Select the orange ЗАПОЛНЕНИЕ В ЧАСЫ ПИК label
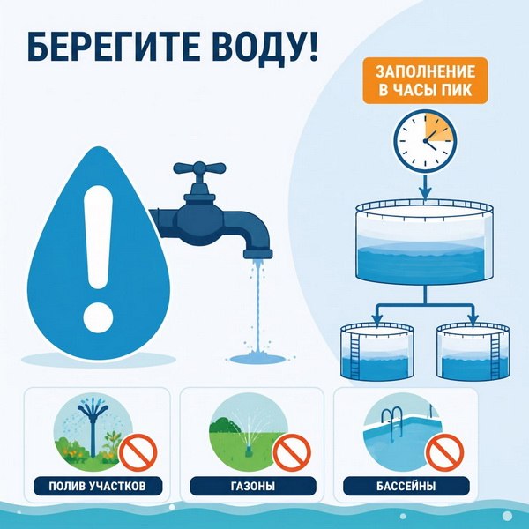tap(425, 80)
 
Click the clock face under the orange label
tap(425, 141)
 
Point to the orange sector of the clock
tap(438, 128)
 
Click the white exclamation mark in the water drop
tap(98, 257)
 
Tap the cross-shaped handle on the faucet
tap(199, 168)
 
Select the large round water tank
tap(425, 242)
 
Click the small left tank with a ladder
tap(377, 352)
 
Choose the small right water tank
tap(473, 352)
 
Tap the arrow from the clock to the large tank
tap(426, 187)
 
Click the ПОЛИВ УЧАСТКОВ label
tap(98, 486)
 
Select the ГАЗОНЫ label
tap(253, 486)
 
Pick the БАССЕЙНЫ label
tap(406, 486)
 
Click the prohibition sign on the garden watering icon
tap(138, 452)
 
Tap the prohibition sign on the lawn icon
tap(292, 452)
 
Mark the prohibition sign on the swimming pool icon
tap(444, 452)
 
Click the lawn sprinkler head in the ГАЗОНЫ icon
tap(249, 451)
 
